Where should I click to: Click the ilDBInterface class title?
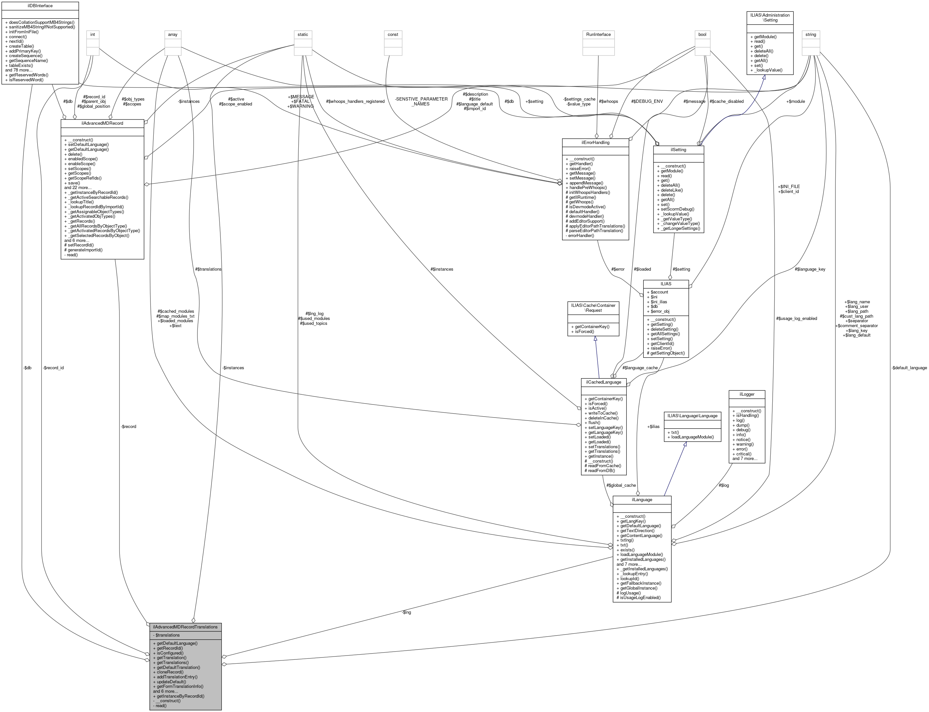tap(39, 6)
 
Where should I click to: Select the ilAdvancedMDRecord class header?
tap(102, 123)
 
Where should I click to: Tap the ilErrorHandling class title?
tap(595, 142)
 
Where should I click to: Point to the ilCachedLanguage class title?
tap(603, 382)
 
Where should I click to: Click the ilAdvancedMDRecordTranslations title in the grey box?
tap(185, 626)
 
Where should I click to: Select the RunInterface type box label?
tap(598, 34)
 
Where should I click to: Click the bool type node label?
tap(702, 34)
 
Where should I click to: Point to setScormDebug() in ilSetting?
tap(677, 209)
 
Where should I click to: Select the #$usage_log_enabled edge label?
tap(796, 318)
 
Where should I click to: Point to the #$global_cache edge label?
tap(621, 485)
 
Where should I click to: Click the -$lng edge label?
tap(406, 612)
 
